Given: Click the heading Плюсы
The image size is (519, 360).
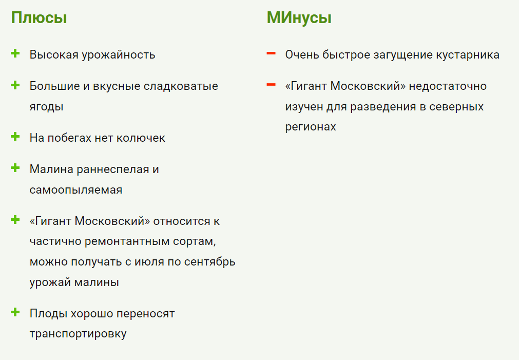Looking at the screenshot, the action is [x=39, y=18].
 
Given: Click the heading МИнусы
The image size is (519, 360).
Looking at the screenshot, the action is [x=299, y=18].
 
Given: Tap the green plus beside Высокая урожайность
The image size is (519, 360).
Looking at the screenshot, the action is [x=15, y=53].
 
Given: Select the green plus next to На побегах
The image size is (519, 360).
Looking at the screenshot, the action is [x=15, y=137].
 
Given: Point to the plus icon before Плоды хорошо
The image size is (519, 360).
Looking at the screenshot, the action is [x=15, y=312].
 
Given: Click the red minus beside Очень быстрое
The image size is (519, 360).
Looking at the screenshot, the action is [x=271, y=53].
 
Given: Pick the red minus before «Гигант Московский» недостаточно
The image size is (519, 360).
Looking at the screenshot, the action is [x=271, y=85].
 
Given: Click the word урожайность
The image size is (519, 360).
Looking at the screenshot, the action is [x=119, y=55].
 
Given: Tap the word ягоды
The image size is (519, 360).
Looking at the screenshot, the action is [x=46, y=107].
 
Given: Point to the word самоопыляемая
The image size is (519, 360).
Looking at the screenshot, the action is [x=76, y=190].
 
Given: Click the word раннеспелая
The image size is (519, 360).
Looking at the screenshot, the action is [x=113, y=169].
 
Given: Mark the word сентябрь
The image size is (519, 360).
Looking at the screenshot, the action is [x=210, y=261].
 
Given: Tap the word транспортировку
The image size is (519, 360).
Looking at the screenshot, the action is [x=78, y=334].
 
